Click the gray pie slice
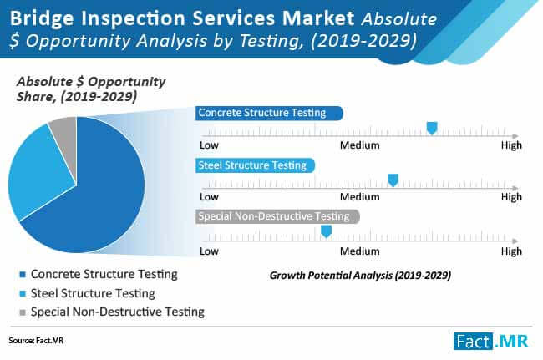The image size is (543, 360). click(x=65, y=135)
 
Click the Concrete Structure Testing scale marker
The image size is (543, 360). click(x=432, y=128)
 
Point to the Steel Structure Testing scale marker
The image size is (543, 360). click(x=393, y=180)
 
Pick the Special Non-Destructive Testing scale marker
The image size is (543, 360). click(x=326, y=231)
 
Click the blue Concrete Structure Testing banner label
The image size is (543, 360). click(x=269, y=114)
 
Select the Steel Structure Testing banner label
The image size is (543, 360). click(x=256, y=165)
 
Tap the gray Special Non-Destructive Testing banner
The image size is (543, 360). click(x=277, y=216)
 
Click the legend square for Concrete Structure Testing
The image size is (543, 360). click(x=23, y=275)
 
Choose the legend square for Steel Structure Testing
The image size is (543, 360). click(x=23, y=294)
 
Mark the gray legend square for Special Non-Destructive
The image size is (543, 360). click(x=23, y=312)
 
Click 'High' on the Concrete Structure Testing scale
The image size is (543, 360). click(x=511, y=145)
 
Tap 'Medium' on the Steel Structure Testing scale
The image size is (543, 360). click(x=359, y=197)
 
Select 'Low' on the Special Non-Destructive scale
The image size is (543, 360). click(x=209, y=251)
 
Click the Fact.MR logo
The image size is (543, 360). click(x=491, y=342)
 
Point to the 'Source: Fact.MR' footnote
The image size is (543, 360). click(x=36, y=341)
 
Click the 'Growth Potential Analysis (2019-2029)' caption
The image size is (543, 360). click(x=360, y=276)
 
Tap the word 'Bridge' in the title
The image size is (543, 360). click(x=42, y=18)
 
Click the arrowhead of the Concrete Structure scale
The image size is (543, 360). click(x=515, y=136)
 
